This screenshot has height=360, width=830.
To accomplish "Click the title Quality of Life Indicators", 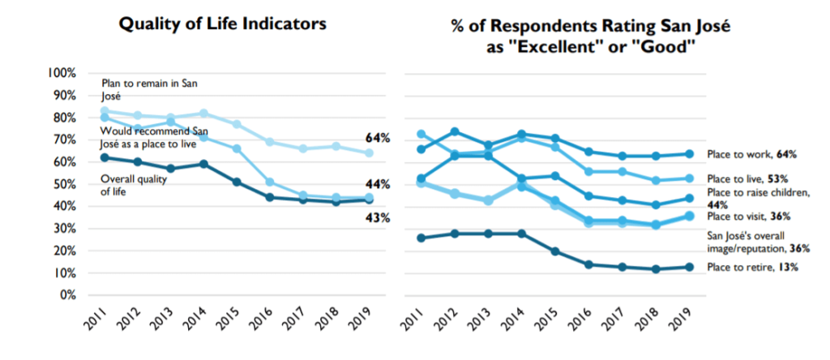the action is [222, 24].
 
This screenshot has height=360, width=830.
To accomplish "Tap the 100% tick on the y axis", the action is [62, 73].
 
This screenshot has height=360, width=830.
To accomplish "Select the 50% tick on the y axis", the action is [65, 184].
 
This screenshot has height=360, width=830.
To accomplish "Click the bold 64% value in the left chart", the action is [378, 139].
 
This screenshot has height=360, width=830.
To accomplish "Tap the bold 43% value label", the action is [378, 217].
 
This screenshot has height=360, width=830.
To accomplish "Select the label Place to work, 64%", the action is [751, 154].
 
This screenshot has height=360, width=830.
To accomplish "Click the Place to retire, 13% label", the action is [752, 268].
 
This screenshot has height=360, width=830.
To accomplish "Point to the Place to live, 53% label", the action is [749, 178].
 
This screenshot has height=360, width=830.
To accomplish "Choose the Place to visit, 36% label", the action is [749, 216].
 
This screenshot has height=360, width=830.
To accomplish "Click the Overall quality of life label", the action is [134, 186].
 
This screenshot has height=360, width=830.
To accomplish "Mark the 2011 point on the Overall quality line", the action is [105, 157].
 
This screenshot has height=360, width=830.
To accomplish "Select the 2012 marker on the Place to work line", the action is [454, 131].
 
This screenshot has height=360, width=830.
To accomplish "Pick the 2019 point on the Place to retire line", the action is [689, 267].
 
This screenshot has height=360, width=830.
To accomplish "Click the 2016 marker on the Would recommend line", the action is [269, 182].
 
